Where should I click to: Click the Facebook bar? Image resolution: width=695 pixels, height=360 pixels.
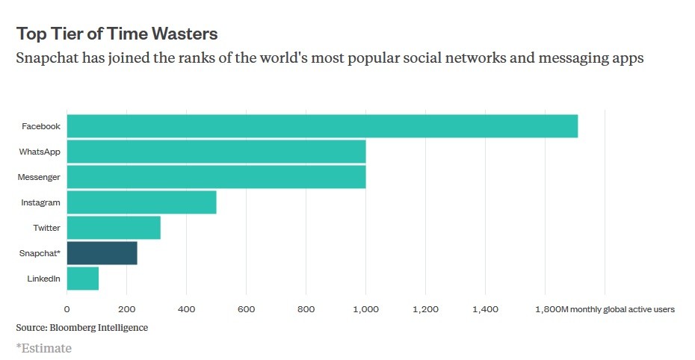tap(322, 126)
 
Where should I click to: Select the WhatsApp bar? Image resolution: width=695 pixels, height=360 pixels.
tap(216, 152)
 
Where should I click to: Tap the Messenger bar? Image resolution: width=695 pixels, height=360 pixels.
tap(216, 177)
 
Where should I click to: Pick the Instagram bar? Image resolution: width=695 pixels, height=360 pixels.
tap(141, 202)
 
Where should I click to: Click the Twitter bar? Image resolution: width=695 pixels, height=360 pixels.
tap(114, 228)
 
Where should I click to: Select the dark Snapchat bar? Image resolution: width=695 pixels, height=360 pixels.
tap(102, 253)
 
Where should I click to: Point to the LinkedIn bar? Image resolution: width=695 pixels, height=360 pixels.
tap(82, 279)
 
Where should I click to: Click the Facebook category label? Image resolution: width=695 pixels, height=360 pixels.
tap(41, 126)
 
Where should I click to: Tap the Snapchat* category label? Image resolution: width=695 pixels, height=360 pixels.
tap(40, 253)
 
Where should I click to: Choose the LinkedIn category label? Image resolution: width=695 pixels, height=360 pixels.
tap(44, 279)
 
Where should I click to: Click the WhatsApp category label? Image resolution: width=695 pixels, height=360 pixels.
tap(40, 152)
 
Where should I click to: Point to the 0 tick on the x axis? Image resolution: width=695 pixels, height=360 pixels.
tap(67, 309)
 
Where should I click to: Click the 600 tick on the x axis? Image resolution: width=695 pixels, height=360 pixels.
tap(246, 309)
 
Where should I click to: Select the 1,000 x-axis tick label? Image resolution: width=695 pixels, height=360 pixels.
tap(365, 309)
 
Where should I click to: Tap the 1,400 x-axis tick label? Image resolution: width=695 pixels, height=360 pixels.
tap(485, 309)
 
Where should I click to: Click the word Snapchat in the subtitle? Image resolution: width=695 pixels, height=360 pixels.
tap(49, 58)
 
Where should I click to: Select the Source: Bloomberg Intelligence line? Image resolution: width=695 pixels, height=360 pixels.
tap(82, 327)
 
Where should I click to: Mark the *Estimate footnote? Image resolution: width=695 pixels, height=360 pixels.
tap(44, 347)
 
